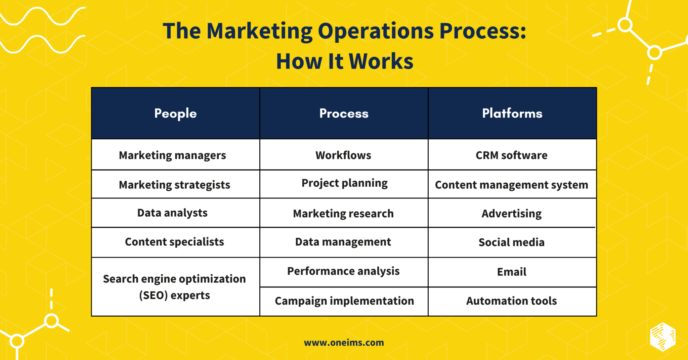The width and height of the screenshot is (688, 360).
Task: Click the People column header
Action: point(175,114)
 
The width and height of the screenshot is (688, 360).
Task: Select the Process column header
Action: point(344,114)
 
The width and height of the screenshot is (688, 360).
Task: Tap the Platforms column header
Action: point(512,114)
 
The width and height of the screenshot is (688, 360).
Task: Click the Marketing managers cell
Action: point(172,155)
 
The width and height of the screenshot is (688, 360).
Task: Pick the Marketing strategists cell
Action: point(174,185)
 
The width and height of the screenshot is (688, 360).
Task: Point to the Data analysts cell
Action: point(172,213)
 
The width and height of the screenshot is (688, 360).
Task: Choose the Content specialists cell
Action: point(174,242)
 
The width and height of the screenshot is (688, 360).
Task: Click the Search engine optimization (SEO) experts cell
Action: point(174,287)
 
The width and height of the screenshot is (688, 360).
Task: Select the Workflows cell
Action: point(343,155)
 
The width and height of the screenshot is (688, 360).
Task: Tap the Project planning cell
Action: point(344,183)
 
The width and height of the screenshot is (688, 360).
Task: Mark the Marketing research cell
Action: point(343,214)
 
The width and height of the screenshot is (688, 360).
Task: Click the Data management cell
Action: point(343,242)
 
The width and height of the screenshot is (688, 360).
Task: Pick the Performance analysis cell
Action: point(343,271)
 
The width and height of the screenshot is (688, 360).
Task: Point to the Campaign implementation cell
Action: point(344,301)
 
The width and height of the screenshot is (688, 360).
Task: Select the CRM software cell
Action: point(511,155)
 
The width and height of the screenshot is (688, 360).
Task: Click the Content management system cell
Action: point(511,185)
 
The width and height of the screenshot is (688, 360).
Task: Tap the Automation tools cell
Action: point(511,301)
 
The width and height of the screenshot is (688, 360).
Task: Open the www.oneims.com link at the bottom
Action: point(344,343)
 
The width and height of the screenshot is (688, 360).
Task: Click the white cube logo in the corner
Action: point(662,336)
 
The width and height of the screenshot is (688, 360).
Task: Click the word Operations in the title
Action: point(376,31)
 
